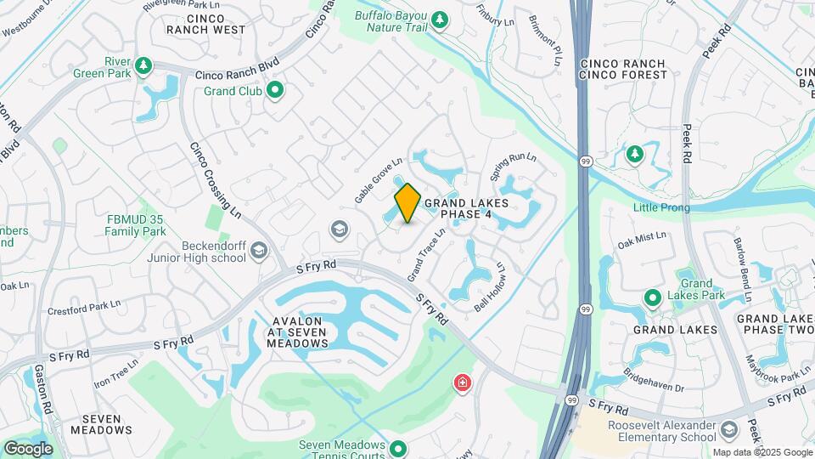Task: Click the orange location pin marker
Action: click(x=407, y=203)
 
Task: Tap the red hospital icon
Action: click(x=462, y=383)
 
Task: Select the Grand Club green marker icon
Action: click(x=274, y=89)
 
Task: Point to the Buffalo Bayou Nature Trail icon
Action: click(x=439, y=20)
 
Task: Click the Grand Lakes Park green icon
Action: click(x=652, y=298)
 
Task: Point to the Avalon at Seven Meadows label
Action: click(x=297, y=332)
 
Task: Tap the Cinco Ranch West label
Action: click(x=205, y=24)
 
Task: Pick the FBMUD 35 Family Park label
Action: click(x=136, y=225)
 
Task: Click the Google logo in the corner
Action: click(x=28, y=448)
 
